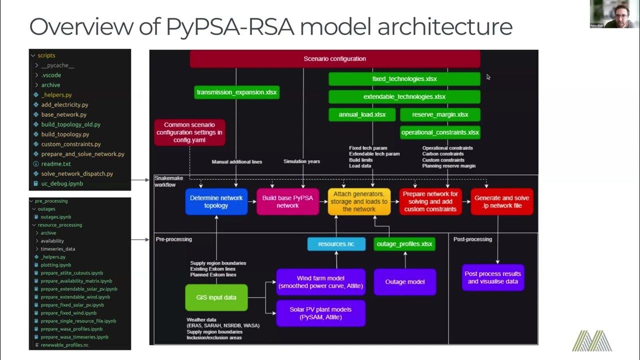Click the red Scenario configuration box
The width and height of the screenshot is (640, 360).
[x=334, y=58]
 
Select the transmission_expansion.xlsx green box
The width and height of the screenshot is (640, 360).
[x=236, y=92]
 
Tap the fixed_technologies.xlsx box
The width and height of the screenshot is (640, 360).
[x=404, y=79]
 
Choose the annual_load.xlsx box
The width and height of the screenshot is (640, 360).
[x=362, y=114]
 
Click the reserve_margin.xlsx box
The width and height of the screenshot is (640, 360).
[x=440, y=114]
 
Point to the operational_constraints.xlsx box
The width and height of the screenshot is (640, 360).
[x=440, y=132]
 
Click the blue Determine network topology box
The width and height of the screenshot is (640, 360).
[x=216, y=201]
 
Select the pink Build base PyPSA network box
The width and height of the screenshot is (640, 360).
[x=287, y=201]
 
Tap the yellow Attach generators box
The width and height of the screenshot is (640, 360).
[x=359, y=201]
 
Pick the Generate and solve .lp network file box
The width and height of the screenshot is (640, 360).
[x=501, y=201]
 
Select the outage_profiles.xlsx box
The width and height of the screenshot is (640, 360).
[x=404, y=244]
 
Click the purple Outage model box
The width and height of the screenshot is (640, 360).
[x=405, y=282]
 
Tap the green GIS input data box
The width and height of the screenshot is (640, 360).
[x=216, y=297]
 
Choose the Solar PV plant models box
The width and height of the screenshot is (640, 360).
[x=320, y=313]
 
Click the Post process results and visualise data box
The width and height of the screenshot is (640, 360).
[x=492, y=277]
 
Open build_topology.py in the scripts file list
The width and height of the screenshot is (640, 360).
[x=65, y=134]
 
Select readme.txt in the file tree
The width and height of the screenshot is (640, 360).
[x=56, y=163]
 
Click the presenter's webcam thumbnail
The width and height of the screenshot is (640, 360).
[x=614, y=14]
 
